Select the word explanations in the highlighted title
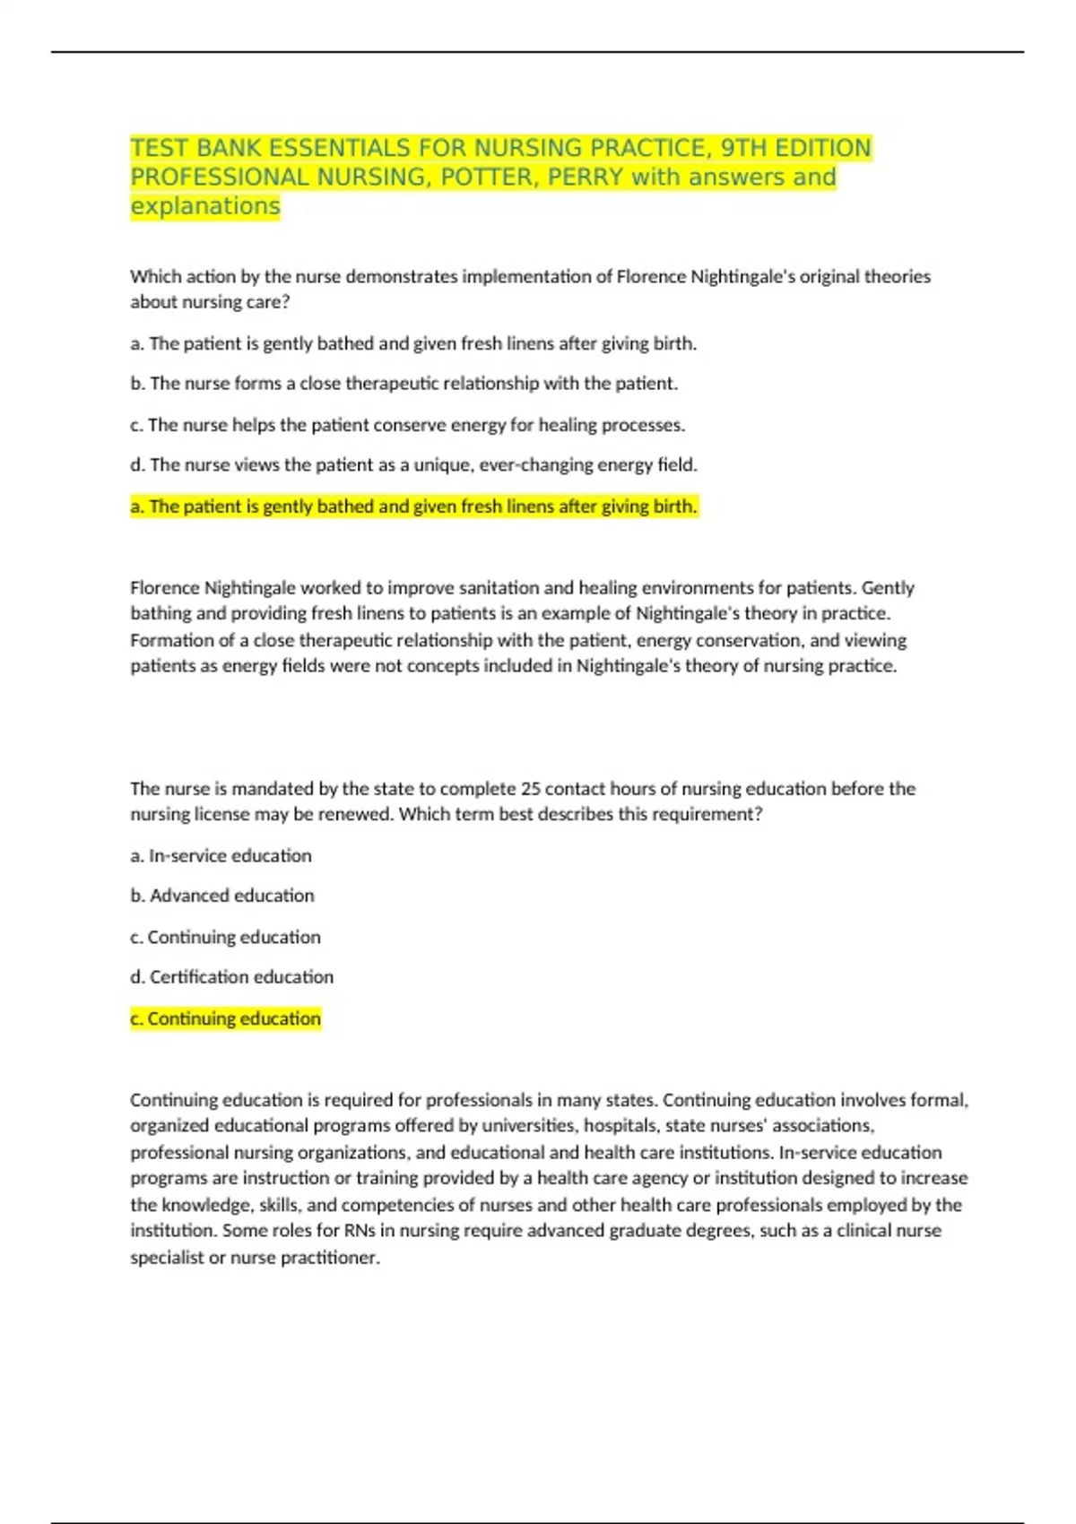[x=205, y=206]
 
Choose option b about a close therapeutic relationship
[x=403, y=384]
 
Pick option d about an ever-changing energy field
[x=413, y=465]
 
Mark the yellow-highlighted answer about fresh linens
[x=413, y=507]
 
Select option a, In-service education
[x=221, y=856]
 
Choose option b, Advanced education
[x=222, y=896]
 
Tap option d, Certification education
[x=231, y=977]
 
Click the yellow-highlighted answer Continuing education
[x=225, y=1018]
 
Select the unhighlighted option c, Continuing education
[x=225, y=937]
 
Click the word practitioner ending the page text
[x=330, y=1258]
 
